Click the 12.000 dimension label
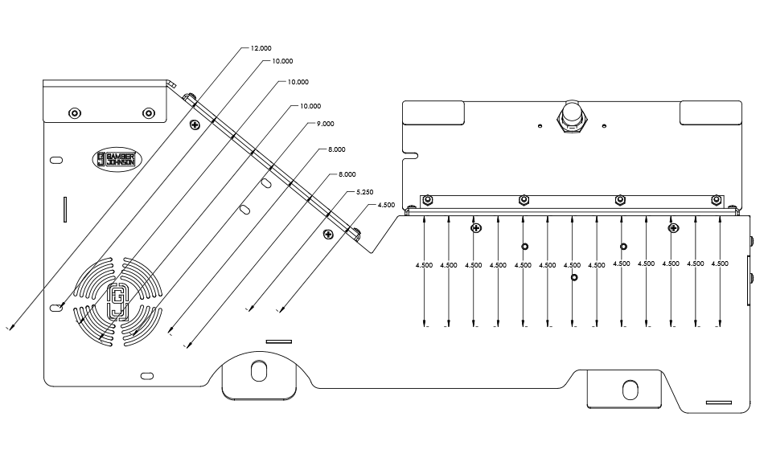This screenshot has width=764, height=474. (x=261, y=49)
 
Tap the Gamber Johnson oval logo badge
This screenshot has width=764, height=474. (x=117, y=158)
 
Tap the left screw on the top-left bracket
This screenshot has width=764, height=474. (x=75, y=112)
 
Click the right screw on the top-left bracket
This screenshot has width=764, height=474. (x=148, y=112)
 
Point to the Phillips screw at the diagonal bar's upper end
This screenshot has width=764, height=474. (x=195, y=125)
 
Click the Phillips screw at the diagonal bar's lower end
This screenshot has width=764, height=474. (x=328, y=234)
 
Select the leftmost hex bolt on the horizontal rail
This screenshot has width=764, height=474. (x=428, y=200)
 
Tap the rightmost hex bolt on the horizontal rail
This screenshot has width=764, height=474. (x=716, y=200)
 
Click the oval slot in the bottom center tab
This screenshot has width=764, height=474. (x=259, y=372)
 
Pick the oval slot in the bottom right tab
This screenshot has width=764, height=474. (x=629, y=390)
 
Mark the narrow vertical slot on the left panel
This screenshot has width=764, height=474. (x=64, y=210)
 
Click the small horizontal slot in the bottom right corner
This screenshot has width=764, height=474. (x=718, y=402)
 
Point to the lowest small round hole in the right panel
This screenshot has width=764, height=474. (x=574, y=278)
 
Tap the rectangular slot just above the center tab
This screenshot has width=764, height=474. (x=280, y=341)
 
